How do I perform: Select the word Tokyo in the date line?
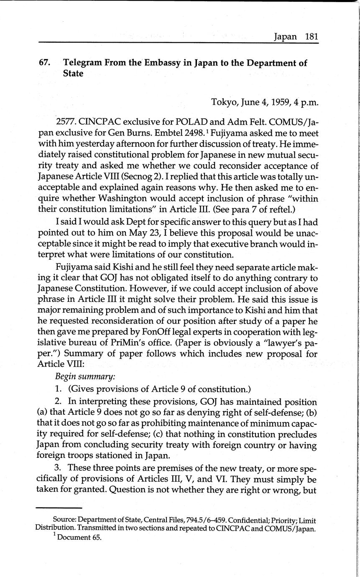coord(225,102)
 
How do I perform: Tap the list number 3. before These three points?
coord(58,455)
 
